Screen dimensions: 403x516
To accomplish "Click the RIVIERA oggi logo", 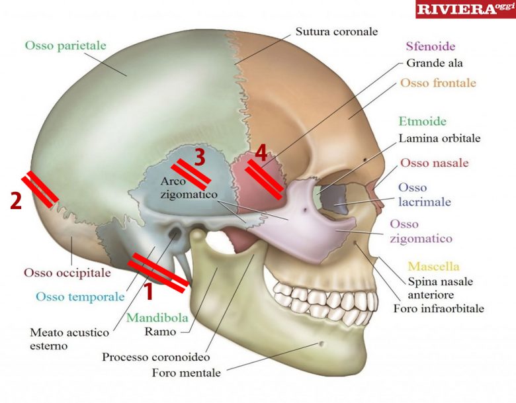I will (465, 9).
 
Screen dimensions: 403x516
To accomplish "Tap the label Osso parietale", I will (65, 46).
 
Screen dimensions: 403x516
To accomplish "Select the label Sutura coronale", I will (337, 31).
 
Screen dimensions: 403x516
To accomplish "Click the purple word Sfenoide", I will (430, 47).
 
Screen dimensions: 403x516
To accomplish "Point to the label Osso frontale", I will (438, 83).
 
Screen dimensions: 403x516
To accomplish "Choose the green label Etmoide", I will (422, 122).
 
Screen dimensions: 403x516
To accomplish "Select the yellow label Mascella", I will (433, 267).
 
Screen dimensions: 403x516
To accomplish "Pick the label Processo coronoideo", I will (151, 357).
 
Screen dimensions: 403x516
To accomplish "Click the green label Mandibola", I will (157, 317).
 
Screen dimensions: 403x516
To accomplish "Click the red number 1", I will (148, 291).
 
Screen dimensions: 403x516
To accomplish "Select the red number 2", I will (16, 201).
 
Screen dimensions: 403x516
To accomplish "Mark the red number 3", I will (200, 156).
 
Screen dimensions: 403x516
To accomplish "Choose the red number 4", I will (261, 154).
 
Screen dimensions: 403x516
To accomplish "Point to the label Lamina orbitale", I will (439, 139).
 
